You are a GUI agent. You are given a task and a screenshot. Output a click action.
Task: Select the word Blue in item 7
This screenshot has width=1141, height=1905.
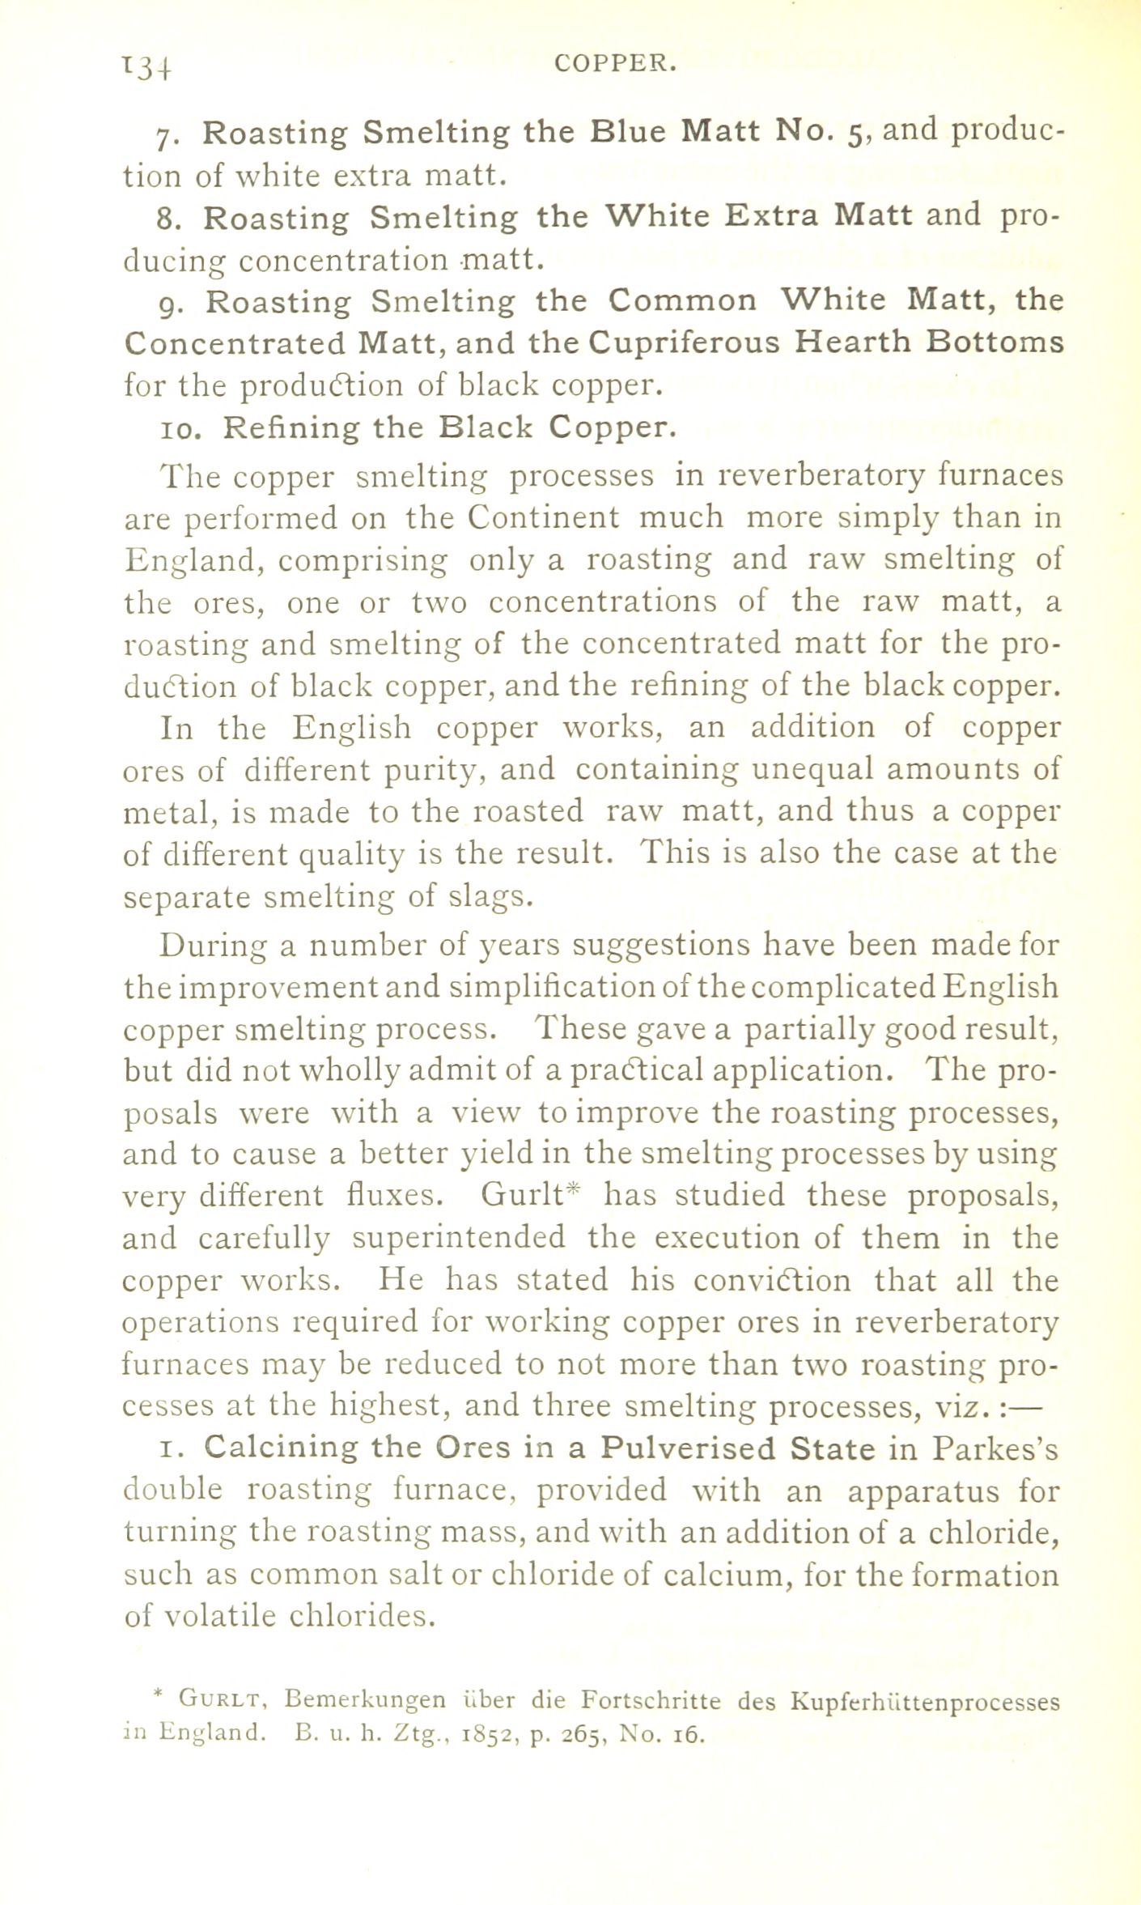pos(629,131)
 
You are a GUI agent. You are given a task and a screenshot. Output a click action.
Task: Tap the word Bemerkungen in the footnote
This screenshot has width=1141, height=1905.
pos(365,1701)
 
